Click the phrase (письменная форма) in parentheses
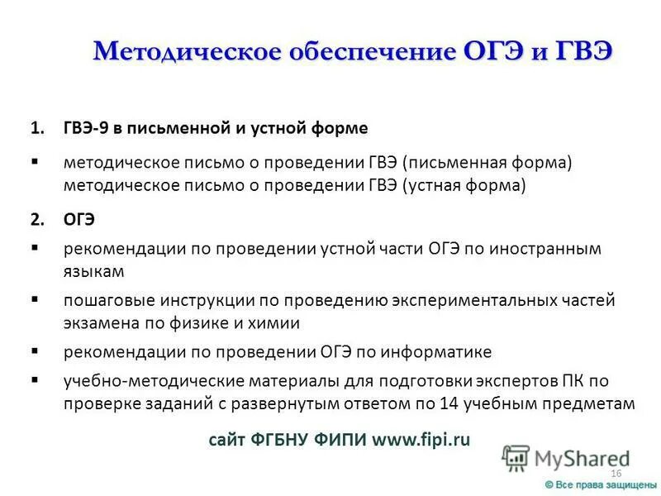tap(478, 162)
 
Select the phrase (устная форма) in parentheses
tap(464, 185)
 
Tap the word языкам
tap(93, 270)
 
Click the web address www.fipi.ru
tap(421, 440)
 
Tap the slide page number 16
tap(615, 473)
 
